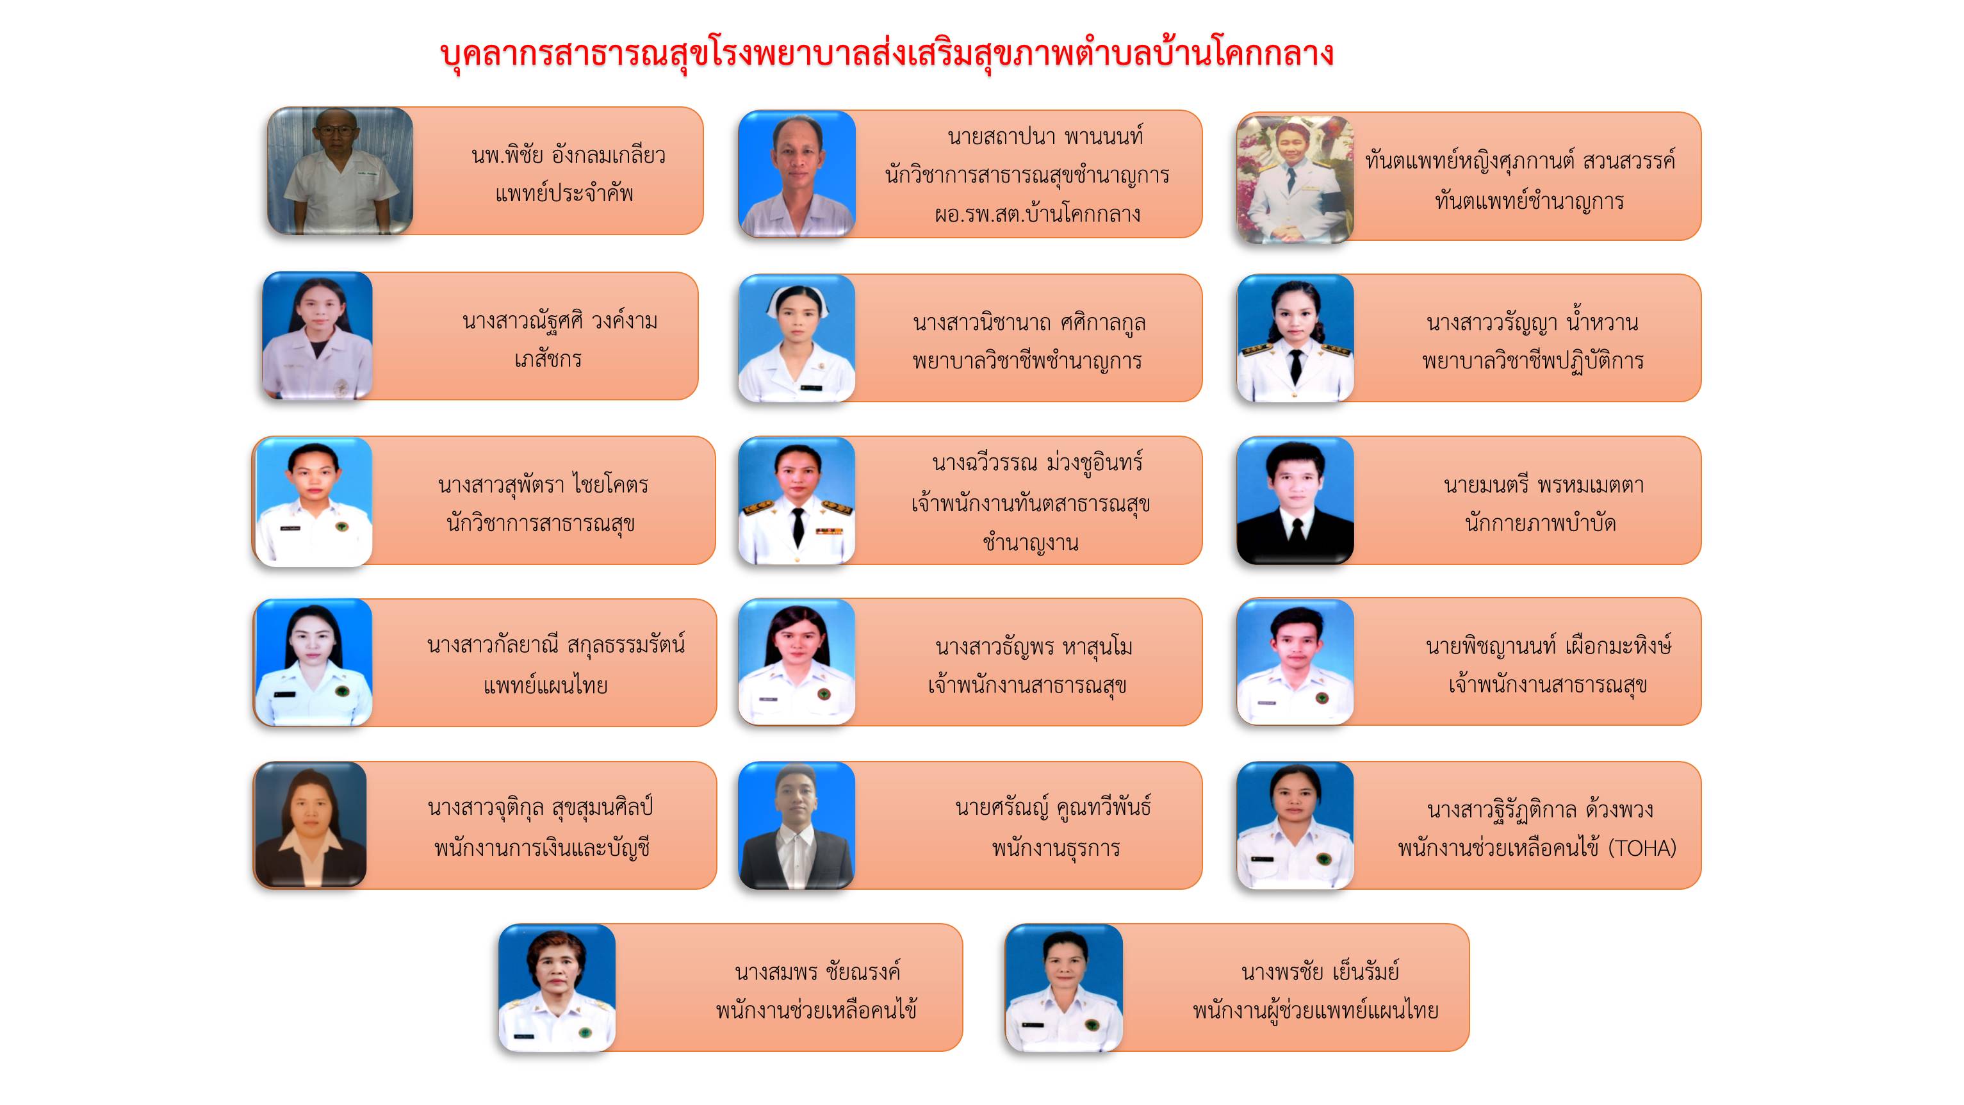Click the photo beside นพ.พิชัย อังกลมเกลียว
coord(340,171)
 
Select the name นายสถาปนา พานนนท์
coord(1045,137)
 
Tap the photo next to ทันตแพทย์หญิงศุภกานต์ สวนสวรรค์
coord(1295,179)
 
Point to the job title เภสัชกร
coord(548,359)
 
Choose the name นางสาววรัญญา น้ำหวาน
coord(1532,323)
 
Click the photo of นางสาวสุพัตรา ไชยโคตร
coord(314,501)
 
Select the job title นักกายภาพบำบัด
coord(1540,523)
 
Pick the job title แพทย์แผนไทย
coord(545,685)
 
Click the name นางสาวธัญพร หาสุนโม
coord(1034,648)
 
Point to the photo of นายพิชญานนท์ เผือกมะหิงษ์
coord(1295,662)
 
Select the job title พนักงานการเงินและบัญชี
coord(542,848)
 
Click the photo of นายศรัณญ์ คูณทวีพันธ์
coord(797,826)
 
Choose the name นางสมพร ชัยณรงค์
coord(817,972)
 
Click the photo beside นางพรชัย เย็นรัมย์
coord(1065,988)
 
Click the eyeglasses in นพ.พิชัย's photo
coord(336,131)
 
